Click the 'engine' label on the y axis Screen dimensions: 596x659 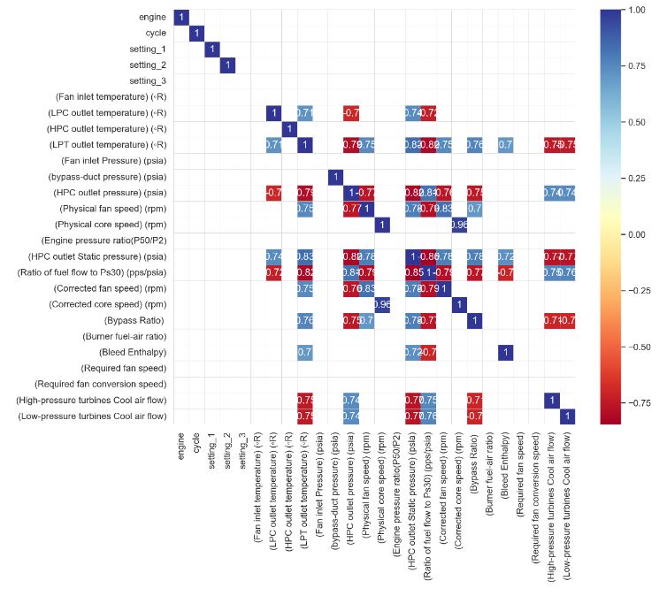(x=150, y=18)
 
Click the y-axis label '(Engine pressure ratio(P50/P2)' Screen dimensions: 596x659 (x=103, y=241)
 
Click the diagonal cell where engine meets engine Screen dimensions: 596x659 (x=181, y=18)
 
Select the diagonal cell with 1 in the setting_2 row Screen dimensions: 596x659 (x=227, y=65)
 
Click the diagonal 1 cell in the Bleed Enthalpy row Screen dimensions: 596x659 (x=505, y=352)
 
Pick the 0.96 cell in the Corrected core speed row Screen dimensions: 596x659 (x=382, y=304)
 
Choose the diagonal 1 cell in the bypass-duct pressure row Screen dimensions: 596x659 (x=335, y=177)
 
